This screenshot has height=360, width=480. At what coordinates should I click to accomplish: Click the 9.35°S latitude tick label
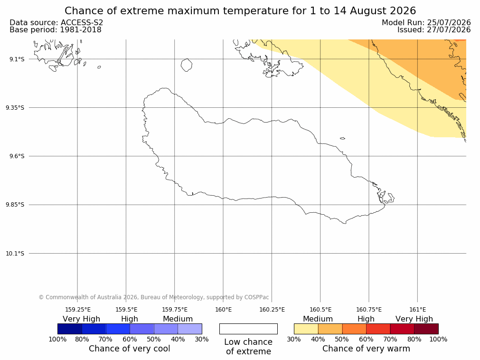pos(15,107)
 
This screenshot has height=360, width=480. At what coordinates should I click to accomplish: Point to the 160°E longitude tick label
pos(223,310)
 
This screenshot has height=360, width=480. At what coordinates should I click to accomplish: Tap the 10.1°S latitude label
pos(15,254)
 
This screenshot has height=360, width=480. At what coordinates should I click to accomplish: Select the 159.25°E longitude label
pos(77,310)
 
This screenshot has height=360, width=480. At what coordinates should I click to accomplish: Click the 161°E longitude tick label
pos(417,310)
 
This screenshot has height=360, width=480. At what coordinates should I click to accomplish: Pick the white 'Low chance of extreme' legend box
pos(248,329)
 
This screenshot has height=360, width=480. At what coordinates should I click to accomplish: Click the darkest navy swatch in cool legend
pos(70,329)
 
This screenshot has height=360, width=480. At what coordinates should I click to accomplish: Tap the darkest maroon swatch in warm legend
pos(426,329)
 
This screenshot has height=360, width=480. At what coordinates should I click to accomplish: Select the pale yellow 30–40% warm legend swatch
pos(306,329)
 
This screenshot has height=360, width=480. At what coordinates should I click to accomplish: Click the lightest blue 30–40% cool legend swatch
pos(190,329)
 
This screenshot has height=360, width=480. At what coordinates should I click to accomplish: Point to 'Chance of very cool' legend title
pos(130,349)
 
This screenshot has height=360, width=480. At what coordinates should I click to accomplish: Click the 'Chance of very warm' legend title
pos(366,349)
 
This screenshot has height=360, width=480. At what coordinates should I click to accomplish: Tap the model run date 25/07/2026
pos(449,23)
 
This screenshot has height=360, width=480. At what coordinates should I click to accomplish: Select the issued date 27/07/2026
pos(449,30)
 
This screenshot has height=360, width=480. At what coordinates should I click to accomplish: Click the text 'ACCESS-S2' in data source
pos(82,23)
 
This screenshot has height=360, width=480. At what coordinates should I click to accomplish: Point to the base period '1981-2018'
pos(81,30)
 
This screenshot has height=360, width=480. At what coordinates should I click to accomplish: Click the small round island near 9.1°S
pos(187,65)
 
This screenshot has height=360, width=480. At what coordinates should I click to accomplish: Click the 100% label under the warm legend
pos(438,339)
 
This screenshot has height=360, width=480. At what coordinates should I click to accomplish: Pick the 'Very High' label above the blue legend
pos(82,319)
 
